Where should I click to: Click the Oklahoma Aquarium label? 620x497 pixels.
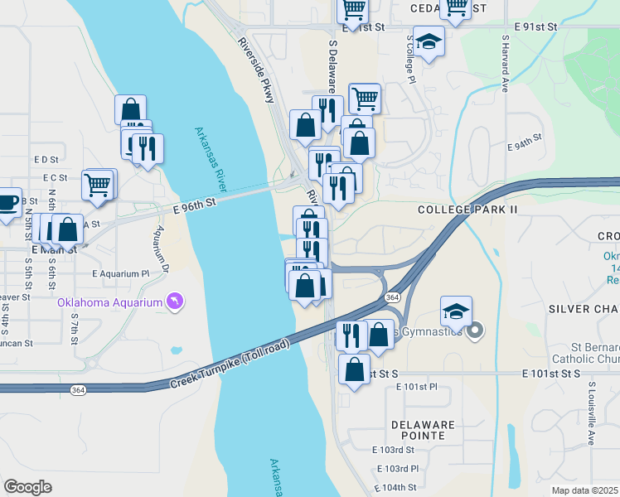(x=109, y=302)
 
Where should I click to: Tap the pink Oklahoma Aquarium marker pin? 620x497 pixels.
(x=174, y=302)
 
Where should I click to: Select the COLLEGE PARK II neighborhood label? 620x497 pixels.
(x=467, y=210)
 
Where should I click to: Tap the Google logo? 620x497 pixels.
(x=27, y=487)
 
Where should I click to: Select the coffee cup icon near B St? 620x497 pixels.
(x=7, y=201)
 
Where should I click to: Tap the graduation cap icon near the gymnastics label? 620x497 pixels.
(x=456, y=311)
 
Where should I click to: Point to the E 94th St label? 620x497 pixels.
(x=524, y=145)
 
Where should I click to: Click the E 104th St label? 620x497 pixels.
(x=394, y=487)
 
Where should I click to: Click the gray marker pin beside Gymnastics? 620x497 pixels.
(x=475, y=332)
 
